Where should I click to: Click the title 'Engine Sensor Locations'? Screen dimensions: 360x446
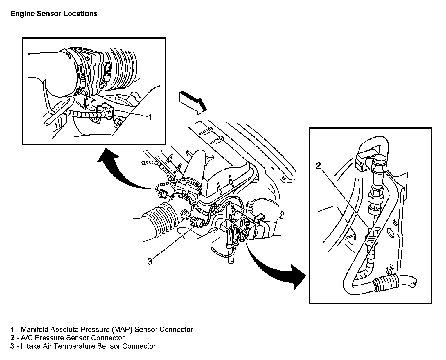[54, 14]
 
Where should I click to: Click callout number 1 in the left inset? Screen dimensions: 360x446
[150, 117]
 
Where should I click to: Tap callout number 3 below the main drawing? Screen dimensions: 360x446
[150, 262]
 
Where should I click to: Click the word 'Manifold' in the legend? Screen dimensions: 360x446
[35, 330]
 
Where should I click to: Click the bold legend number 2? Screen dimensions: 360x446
[12, 338]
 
